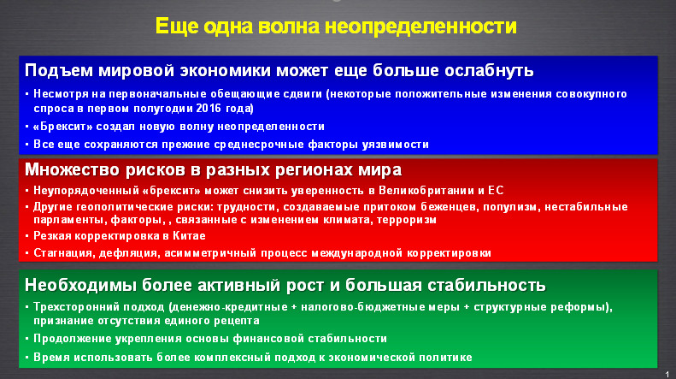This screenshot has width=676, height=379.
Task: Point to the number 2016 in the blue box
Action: pyautogui.click(x=209, y=108)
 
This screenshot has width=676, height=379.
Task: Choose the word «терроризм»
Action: pyautogui.click(x=407, y=220)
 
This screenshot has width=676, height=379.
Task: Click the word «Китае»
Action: pyautogui.click(x=189, y=236)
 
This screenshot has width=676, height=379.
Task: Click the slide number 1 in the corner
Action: pyautogui.click(x=667, y=374)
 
